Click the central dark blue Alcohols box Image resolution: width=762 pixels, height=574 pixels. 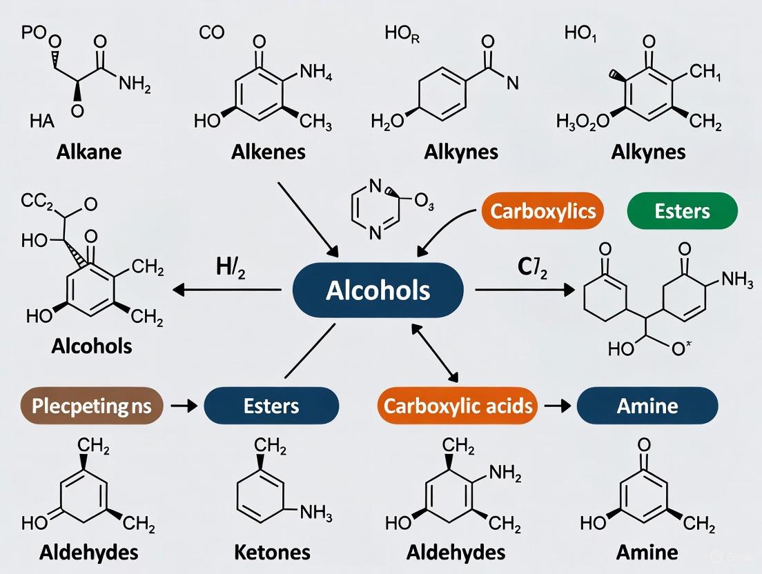point(378,290)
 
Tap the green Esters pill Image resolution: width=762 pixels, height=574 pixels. point(682,211)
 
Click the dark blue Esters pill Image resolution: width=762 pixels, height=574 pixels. point(271,405)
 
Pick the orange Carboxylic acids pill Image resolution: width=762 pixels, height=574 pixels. point(458,405)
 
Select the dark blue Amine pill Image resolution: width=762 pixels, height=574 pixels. point(647,405)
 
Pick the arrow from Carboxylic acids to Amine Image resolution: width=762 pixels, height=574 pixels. point(554,406)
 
